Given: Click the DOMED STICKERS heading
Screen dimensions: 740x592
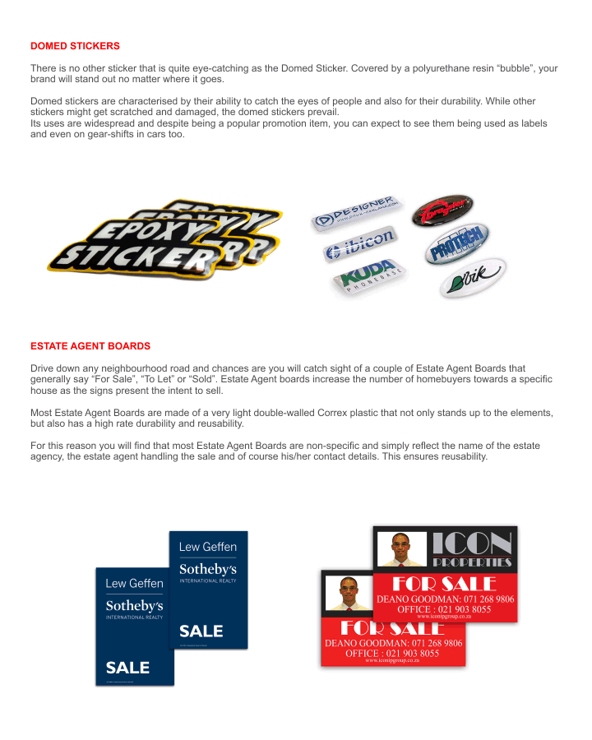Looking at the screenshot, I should [x=75, y=45].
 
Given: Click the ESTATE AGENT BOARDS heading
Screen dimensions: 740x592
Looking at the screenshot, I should [x=90, y=346].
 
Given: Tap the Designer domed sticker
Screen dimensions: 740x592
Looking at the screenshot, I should [x=355, y=211].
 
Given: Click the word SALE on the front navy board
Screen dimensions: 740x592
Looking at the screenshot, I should [x=127, y=667].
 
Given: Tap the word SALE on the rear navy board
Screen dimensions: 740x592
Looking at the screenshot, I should [x=201, y=631].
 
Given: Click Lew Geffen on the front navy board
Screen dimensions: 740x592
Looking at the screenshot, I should [x=135, y=583].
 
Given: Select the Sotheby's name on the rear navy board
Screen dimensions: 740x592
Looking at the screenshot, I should [x=208, y=569].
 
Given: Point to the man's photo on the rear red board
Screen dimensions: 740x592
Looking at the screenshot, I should [x=401, y=549].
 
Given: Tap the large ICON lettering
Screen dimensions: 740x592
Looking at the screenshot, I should [x=472, y=543].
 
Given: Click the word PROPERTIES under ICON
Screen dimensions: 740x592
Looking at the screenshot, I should [x=472, y=563].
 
